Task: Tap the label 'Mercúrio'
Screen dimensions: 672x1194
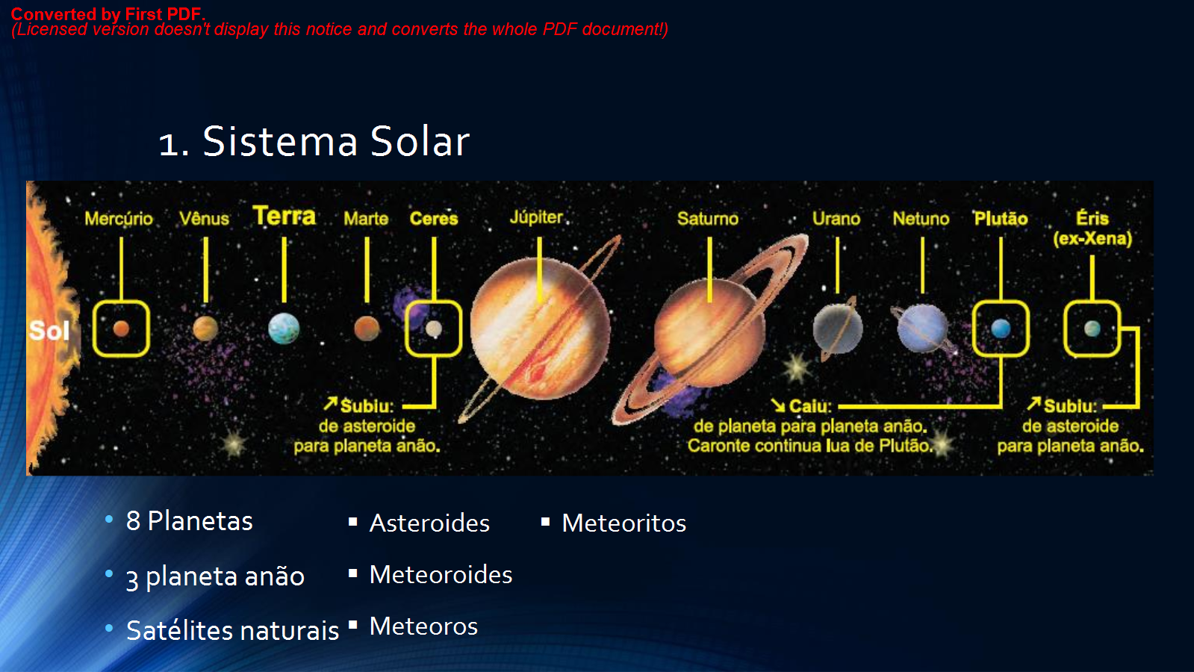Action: coord(118,219)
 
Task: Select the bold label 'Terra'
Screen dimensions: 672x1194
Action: coord(284,217)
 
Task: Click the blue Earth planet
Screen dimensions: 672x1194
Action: coord(284,329)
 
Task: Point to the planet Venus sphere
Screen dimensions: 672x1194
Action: coord(205,329)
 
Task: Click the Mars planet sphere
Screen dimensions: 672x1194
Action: coord(367,328)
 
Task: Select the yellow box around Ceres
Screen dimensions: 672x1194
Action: coord(434,329)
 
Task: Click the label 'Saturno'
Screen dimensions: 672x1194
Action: coord(707,219)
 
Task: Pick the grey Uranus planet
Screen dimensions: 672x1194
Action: coord(838,329)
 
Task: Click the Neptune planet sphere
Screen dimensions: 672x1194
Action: coord(923,328)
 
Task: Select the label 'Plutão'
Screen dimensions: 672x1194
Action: coord(1001,219)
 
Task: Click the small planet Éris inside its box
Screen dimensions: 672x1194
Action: coord(1092,329)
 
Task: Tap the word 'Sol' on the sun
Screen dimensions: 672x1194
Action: coord(49,331)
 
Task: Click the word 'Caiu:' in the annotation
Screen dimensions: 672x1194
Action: coord(809,406)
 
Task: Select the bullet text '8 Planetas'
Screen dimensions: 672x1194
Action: coord(189,521)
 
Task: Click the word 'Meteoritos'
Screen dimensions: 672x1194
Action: coord(624,523)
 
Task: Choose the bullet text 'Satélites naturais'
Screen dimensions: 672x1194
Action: coord(232,631)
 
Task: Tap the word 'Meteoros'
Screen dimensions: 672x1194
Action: coord(423,626)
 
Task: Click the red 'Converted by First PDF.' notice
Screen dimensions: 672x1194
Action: coord(108,14)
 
